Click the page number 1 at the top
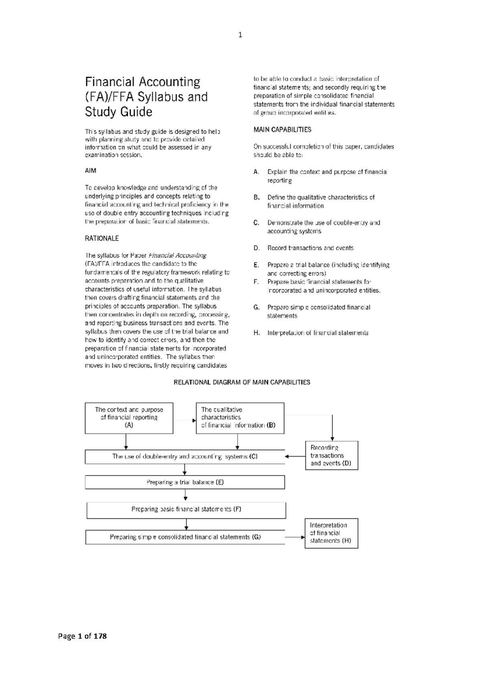point(240,35)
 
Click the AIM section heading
point(91,171)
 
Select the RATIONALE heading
point(102,239)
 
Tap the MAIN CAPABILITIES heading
point(282,130)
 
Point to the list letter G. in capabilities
point(257,308)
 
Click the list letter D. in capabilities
point(257,248)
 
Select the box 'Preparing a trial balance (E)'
point(185,482)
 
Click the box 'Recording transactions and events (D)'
point(331,455)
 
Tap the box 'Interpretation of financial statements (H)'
point(331,533)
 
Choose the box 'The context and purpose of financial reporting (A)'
point(129,418)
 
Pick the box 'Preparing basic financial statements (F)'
point(186,510)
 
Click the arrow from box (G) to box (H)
point(295,537)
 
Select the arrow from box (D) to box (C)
point(295,456)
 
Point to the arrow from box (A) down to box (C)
point(126,441)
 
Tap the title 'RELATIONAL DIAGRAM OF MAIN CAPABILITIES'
point(242,382)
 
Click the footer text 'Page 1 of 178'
point(83,636)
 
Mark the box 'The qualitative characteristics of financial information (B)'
point(240,418)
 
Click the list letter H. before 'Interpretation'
point(257,333)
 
